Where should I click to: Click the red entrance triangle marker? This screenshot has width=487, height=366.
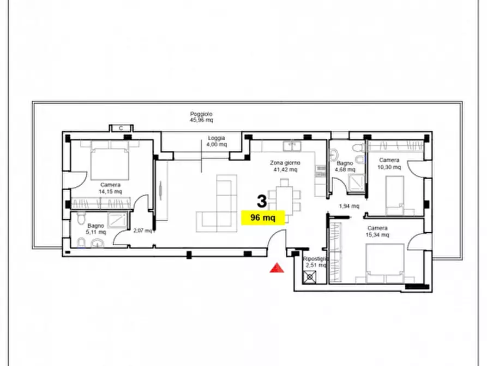[x=276, y=268]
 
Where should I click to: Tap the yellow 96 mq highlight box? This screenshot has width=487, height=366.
[x=263, y=217]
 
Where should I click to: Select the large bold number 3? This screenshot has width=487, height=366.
[x=262, y=201]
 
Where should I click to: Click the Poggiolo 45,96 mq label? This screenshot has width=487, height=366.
[x=201, y=117]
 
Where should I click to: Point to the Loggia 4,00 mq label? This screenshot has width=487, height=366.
[x=217, y=141]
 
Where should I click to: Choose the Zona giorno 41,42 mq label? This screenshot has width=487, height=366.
[x=285, y=166]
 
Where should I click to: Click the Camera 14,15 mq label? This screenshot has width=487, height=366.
[x=110, y=188]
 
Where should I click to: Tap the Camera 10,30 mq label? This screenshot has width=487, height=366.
[x=389, y=163]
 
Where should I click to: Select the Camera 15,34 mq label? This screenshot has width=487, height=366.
[x=377, y=231]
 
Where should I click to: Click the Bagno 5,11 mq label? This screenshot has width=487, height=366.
[x=95, y=229]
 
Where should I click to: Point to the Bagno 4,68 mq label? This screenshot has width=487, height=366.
[x=345, y=166]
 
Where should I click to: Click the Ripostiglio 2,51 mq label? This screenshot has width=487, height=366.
[x=315, y=262]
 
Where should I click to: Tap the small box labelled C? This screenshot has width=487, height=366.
[x=121, y=128]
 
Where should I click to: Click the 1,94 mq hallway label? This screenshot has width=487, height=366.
[x=349, y=206]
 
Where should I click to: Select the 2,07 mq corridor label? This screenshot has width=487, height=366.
[x=143, y=231]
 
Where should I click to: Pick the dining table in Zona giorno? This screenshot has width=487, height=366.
[x=285, y=200]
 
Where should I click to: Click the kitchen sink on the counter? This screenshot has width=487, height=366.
[x=291, y=146]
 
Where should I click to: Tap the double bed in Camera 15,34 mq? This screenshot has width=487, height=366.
[x=385, y=263]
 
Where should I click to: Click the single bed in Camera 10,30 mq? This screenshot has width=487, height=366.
[x=395, y=195]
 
